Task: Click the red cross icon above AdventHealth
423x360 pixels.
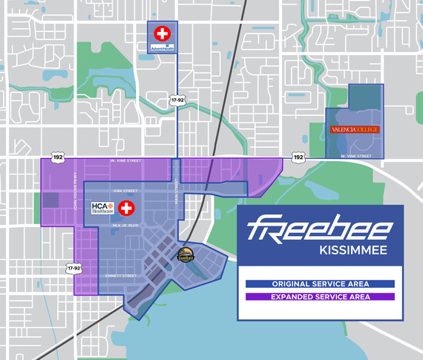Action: point(161,33)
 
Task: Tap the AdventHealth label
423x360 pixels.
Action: point(161,50)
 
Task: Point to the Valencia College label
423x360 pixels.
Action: point(354,129)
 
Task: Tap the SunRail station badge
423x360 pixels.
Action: point(186,255)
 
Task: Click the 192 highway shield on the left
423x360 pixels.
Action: point(58,158)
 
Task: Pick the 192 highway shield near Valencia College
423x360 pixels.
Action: point(298,157)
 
